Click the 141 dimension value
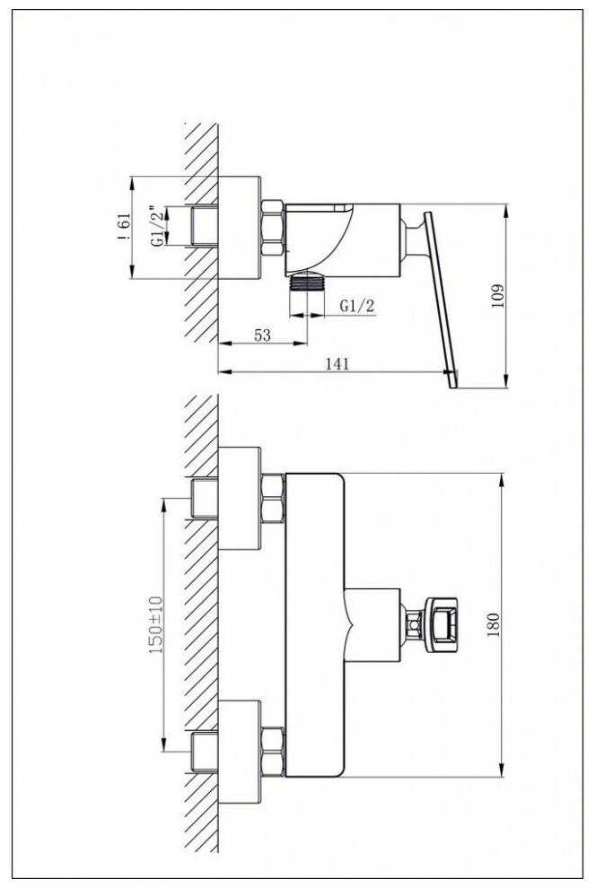point(337,363)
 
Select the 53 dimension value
point(262,335)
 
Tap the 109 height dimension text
point(497,296)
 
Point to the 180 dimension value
point(493,625)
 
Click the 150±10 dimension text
point(155,625)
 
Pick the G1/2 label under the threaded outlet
point(357,306)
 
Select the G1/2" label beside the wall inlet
point(160,226)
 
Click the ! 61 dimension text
point(125,227)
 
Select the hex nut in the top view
point(272,228)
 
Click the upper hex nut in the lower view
point(273,498)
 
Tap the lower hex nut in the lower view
point(273,752)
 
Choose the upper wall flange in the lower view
point(240,499)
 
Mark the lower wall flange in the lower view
point(240,752)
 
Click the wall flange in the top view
point(240,228)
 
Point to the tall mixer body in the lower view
point(314,624)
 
